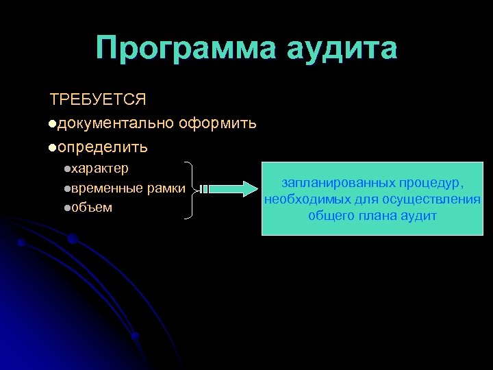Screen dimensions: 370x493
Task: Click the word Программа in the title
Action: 184,49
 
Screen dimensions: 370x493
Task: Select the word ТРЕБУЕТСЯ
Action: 98,100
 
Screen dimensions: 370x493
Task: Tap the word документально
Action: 116,123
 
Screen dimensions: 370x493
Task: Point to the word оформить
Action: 218,123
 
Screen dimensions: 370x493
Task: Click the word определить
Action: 103,147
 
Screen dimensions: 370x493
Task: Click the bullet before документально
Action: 53,124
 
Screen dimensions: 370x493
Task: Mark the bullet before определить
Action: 53,147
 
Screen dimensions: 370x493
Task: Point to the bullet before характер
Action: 66,169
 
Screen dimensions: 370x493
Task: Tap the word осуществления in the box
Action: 435,199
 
